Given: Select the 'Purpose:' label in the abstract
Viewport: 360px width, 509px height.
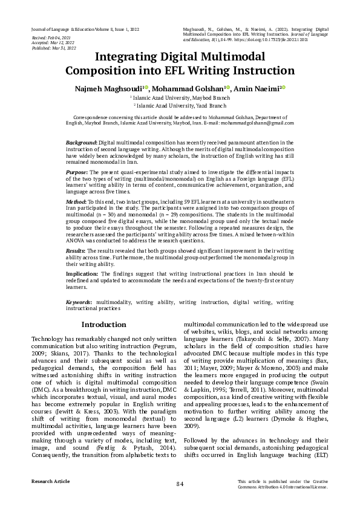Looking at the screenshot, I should click(x=77, y=172).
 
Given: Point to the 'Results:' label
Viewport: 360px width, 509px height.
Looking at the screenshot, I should click(x=76, y=250).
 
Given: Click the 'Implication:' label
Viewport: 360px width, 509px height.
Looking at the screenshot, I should click(x=82, y=273).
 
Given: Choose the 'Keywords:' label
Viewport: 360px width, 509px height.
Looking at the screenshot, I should click(x=79, y=301).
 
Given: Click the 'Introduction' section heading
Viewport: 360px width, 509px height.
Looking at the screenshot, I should click(x=104, y=325).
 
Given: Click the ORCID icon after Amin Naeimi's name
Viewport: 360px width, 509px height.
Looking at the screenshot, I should click(x=284, y=87).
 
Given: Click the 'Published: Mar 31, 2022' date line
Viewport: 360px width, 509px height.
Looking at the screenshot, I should click(x=53, y=48).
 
